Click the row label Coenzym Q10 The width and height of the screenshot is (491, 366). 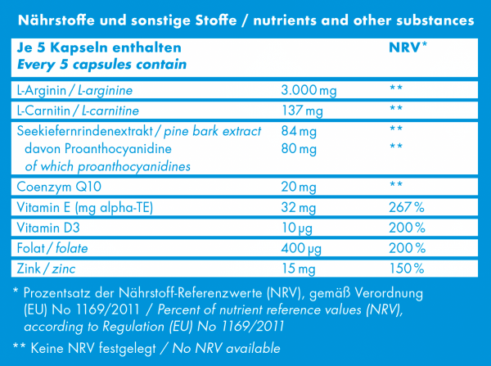pyautogui.click(x=50, y=188)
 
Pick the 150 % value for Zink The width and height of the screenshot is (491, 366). pyautogui.click(x=407, y=268)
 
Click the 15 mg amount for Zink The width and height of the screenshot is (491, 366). pyautogui.click(x=297, y=268)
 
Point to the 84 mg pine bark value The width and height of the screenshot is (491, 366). pyautogui.click(x=297, y=130)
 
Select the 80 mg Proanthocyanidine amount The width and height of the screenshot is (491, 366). pyautogui.click(x=297, y=148)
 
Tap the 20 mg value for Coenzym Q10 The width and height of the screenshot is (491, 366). pyautogui.click(x=297, y=188)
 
